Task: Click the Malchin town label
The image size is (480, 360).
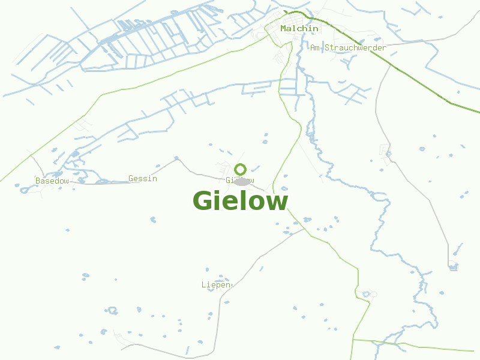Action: coord(299,28)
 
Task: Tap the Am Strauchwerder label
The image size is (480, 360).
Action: coord(348,47)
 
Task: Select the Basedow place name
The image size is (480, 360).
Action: coord(52,181)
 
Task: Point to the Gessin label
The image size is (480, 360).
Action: coord(143,178)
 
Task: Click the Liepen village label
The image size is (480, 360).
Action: coord(215,284)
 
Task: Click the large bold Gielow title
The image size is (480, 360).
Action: coord(240,200)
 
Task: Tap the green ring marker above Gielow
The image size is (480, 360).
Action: coord(241,169)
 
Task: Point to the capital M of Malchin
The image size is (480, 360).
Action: coord(283,28)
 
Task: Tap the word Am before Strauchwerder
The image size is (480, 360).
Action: coord(315,47)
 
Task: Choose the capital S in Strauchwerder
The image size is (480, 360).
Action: coord(328,47)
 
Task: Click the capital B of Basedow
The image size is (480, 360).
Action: coord(38,181)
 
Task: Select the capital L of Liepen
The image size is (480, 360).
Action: coord(204,284)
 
